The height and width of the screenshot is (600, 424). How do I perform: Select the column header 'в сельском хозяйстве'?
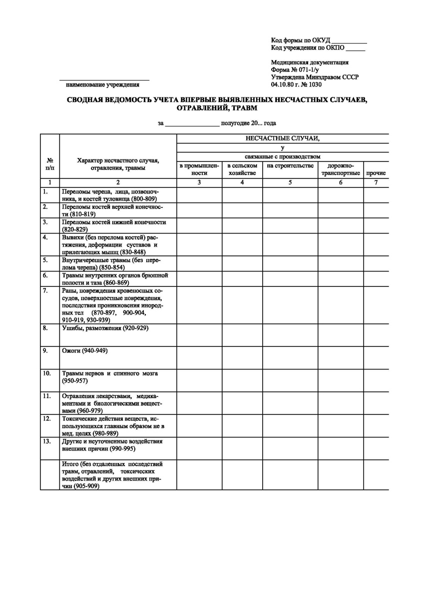click(x=242, y=169)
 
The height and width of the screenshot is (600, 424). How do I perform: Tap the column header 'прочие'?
click(x=376, y=173)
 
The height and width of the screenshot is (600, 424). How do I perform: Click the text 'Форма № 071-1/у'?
click(x=296, y=70)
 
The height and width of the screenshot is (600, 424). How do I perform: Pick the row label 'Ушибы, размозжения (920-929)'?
click(x=105, y=328)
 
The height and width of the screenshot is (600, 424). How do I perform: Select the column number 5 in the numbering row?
click(x=290, y=183)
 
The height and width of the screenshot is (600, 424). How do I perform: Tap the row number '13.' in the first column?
click(x=46, y=441)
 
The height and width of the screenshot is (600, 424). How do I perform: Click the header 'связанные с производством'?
click(x=282, y=156)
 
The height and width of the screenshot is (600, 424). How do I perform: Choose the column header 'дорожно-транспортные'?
click(x=341, y=169)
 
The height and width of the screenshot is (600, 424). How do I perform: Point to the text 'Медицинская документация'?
click(x=310, y=62)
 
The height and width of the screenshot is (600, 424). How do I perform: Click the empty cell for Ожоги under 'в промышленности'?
click(x=199, y=357)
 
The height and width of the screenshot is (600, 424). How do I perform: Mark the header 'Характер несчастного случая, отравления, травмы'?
click(x=118, y=164)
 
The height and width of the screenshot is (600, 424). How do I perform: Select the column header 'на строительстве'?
click(x=290, y=166)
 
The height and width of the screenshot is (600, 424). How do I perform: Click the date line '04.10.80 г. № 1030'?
click(x=297, y=84)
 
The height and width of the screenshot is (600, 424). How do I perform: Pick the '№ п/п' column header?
click(x=50, y=164)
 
